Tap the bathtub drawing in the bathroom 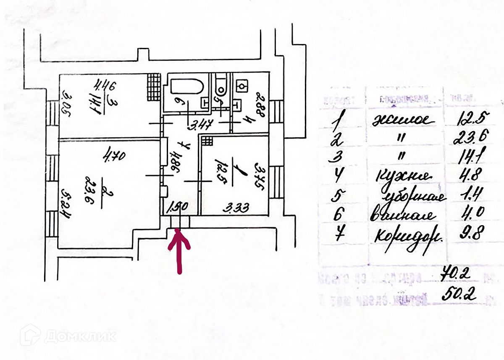[x=187, y=87]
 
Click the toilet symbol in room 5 [x=220, y=86]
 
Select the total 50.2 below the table [x=459, y=294]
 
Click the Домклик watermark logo [x=67, y=336]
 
